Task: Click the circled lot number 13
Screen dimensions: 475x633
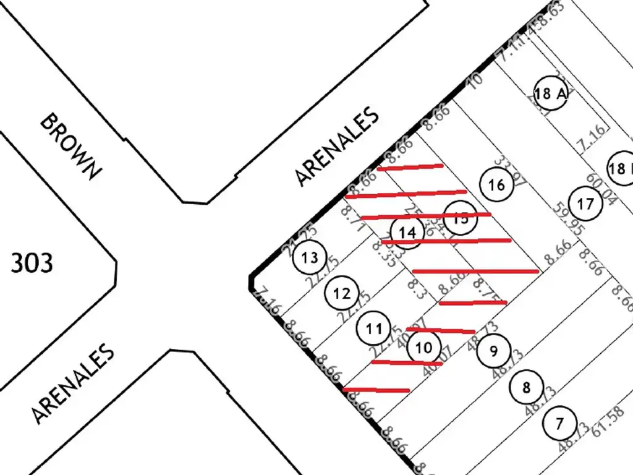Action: tap(310, 257)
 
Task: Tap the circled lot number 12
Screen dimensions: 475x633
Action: tap(342, 293)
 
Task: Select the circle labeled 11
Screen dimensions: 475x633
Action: tap(373, 328)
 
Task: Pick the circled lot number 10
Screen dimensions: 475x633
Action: tap(423, 348)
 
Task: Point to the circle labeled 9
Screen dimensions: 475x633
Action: tap(493, 352)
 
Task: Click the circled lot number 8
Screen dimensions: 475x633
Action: tap(526, 388)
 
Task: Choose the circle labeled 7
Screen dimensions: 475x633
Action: tap(560, 424)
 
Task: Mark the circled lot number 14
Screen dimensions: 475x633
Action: tap(407, 233)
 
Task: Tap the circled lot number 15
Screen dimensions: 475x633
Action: tap(460, 218)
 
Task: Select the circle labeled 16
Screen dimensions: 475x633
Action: tap(496, 184)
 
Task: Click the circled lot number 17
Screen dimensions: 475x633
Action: tap(585, 203)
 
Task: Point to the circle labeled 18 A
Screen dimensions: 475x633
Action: tap(551, 94)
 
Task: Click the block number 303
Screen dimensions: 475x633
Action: tap(32, 263)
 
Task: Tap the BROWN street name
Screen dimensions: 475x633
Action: tap(69, 146)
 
